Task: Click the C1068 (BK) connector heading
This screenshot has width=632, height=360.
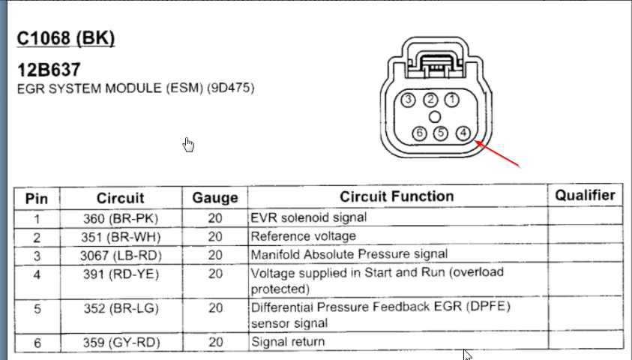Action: (x=66, y=38)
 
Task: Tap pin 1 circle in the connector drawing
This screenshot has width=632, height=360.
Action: (x=452, y=100)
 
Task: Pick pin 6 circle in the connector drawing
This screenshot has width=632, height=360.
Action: (x=420, y=133)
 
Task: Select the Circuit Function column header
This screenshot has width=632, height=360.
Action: (x=397, y=196)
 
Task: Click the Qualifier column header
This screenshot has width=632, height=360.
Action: (x=585, y=195)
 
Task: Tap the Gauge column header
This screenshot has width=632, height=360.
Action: (x=215, y=198)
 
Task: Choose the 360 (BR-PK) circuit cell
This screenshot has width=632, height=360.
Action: (x=121, y=218)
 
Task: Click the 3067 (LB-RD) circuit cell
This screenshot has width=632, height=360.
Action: (x=121, y=255)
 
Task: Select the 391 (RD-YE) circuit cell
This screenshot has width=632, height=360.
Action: (x=121, y=274)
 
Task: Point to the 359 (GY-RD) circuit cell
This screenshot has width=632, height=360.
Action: (x=121, y=342)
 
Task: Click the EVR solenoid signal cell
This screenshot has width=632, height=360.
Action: (x=309, y=217)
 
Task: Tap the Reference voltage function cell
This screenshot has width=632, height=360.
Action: (x=304, y=236)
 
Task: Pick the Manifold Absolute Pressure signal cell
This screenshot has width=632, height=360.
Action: (x=349, y=254)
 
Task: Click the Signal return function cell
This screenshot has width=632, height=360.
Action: (x=288, y=342)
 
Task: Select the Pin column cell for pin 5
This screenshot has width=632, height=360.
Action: (x=36, y=307)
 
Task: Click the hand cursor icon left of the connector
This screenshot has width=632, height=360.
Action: (x=188, y=144)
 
